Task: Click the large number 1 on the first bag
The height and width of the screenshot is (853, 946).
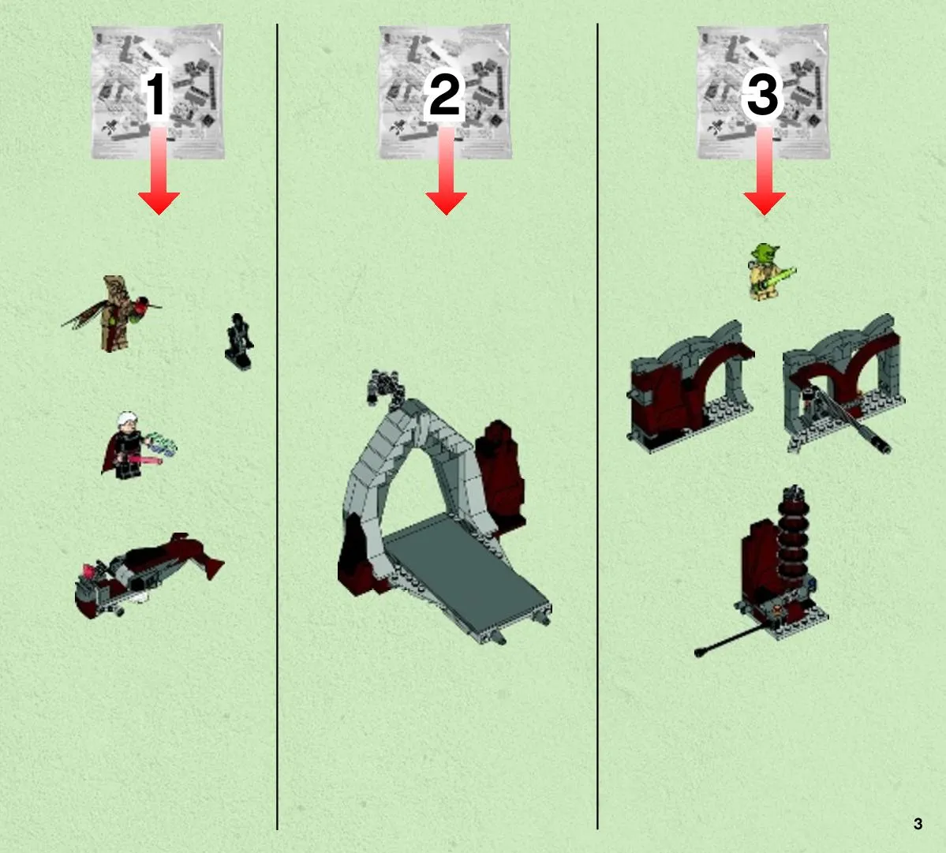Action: (x=156, y=94)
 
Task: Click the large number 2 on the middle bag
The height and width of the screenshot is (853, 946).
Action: (x=445, y=94)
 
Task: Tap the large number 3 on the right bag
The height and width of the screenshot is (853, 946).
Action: (x=763, y=94)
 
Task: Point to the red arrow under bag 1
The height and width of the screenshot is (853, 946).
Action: (x=159, y=170)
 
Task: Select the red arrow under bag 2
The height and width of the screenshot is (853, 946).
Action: (x=446, y=170)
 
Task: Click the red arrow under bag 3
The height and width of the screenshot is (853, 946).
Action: (x=765, y=170)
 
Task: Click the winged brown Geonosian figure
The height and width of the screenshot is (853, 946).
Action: (x=114, y=312)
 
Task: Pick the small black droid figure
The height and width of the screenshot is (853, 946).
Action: (x=239, y=341)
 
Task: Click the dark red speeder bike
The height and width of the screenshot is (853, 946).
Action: (x=148, y=575)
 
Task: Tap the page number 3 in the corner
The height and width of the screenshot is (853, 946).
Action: (x=918, y=824)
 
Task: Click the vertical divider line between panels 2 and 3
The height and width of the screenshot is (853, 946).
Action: (x=597, y=426)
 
